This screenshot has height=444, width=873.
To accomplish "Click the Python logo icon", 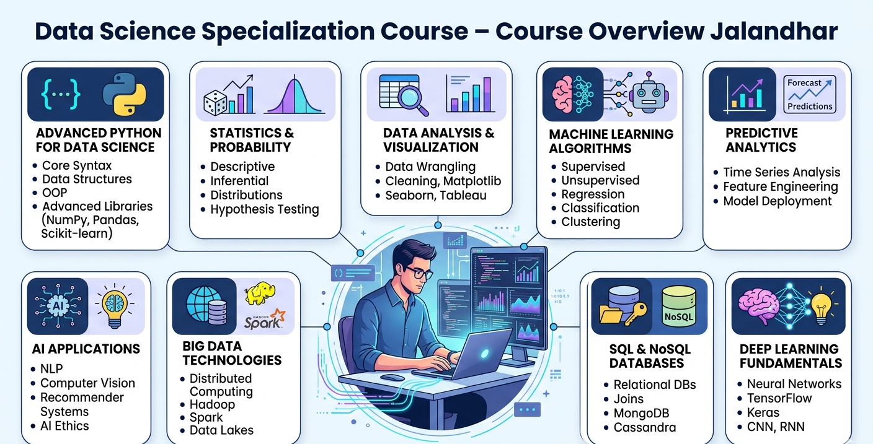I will pyautogui.click(x=125, y=95).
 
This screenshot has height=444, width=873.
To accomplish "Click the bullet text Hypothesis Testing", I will pyautogui.click(x=264, y=209).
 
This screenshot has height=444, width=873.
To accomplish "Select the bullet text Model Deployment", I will pyautogui.click(x=778, y=201).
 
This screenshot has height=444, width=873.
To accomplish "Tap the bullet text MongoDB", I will pyautogui.click(x=641, y=413).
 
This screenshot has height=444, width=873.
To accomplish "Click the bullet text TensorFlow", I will pyautogui.click(x=779, y=398).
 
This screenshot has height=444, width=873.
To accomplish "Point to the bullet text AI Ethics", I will pyautogui.click(x=64, y=426).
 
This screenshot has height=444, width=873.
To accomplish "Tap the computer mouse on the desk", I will pyautogui.click(x=392, y=377).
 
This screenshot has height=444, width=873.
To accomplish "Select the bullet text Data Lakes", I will pyautogui.click(x=221, y=430).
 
